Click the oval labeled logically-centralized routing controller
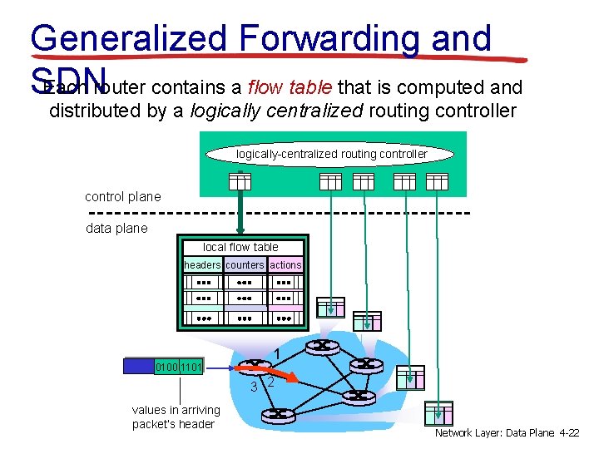coord(331,154)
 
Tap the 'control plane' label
coord(122,197)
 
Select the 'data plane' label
coord(116,228)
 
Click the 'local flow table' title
coord(240,247)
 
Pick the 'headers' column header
coord(202,265)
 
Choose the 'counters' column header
coord(245,265)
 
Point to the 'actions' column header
coord(285,265)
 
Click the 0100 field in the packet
coord(167,365)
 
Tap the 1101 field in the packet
coord(191,365)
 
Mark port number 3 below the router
coord(255,386)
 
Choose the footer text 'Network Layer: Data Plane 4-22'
coord(507,434)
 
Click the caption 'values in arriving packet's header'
coord(176,417)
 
